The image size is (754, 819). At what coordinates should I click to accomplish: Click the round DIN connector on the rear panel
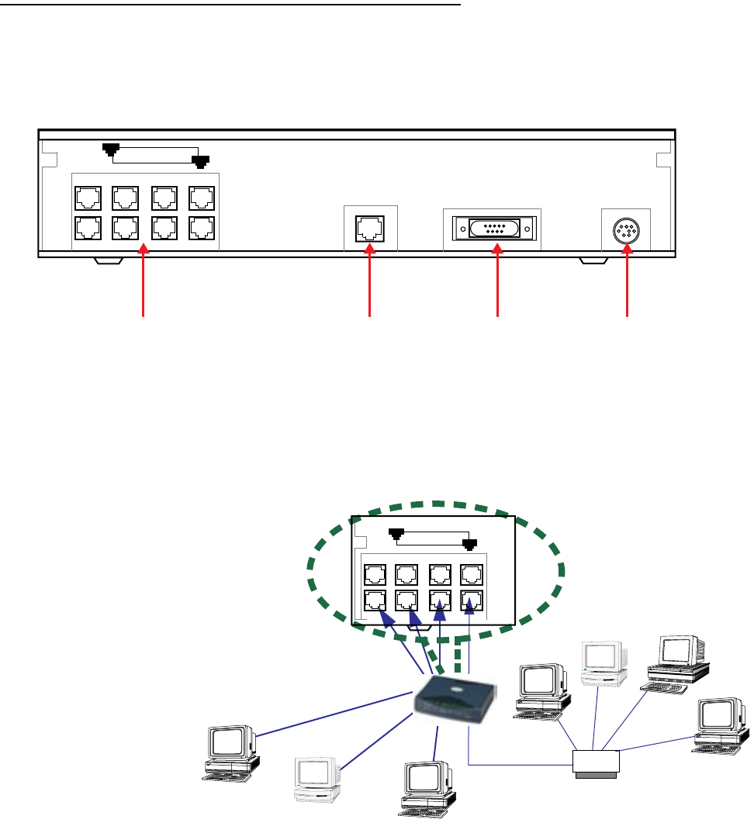tap(627, 230)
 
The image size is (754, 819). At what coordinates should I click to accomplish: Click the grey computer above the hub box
tap(603, 662)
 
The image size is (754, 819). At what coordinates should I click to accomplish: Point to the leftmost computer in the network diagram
tap(230, 751)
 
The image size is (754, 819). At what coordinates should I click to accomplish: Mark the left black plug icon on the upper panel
tap(113, 150)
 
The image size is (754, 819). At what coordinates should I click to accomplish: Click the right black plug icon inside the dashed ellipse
tap(469, 544)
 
